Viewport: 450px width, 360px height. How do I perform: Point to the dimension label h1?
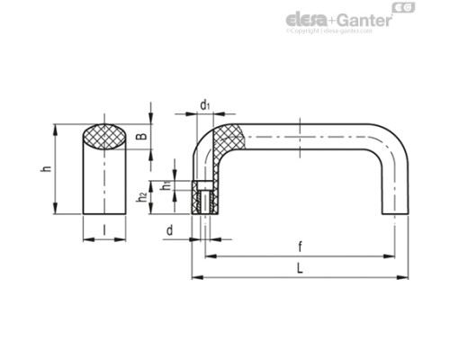click(x=165, y=186)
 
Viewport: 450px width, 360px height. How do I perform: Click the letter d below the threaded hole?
click(x=170, y=231)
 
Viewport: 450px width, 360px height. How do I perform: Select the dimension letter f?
click(x=298, y=246)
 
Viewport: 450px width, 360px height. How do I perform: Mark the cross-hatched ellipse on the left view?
click(x=104, y=139)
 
